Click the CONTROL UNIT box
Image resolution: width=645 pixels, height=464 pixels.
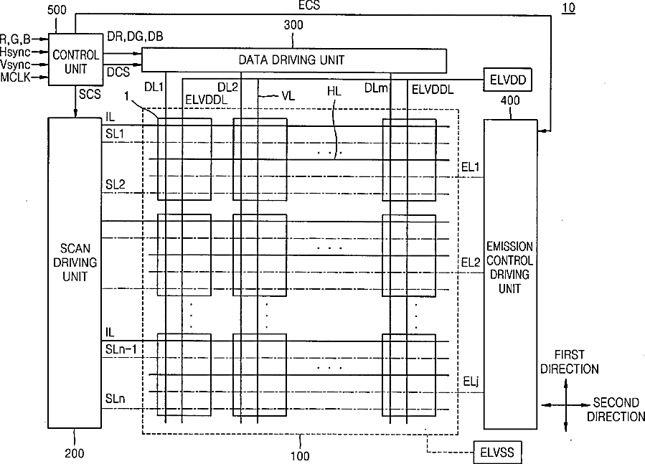75,60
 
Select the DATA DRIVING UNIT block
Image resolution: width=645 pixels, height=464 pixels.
295,60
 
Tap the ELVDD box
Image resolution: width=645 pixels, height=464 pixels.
507,80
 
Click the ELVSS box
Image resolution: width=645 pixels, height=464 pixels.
498,453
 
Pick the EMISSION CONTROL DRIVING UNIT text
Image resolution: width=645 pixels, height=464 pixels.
509,267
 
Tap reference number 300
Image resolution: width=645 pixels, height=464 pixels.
293,25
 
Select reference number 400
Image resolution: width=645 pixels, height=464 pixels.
509,101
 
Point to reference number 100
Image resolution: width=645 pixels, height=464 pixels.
299,455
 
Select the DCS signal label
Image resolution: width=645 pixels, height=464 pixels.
118,72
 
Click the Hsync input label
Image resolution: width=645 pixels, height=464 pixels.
15,52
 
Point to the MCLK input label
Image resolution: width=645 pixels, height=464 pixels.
15,76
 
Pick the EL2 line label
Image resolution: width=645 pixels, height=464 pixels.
471,263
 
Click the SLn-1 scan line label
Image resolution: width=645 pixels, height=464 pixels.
120,348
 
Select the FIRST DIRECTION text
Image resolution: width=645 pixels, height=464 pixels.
570,362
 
